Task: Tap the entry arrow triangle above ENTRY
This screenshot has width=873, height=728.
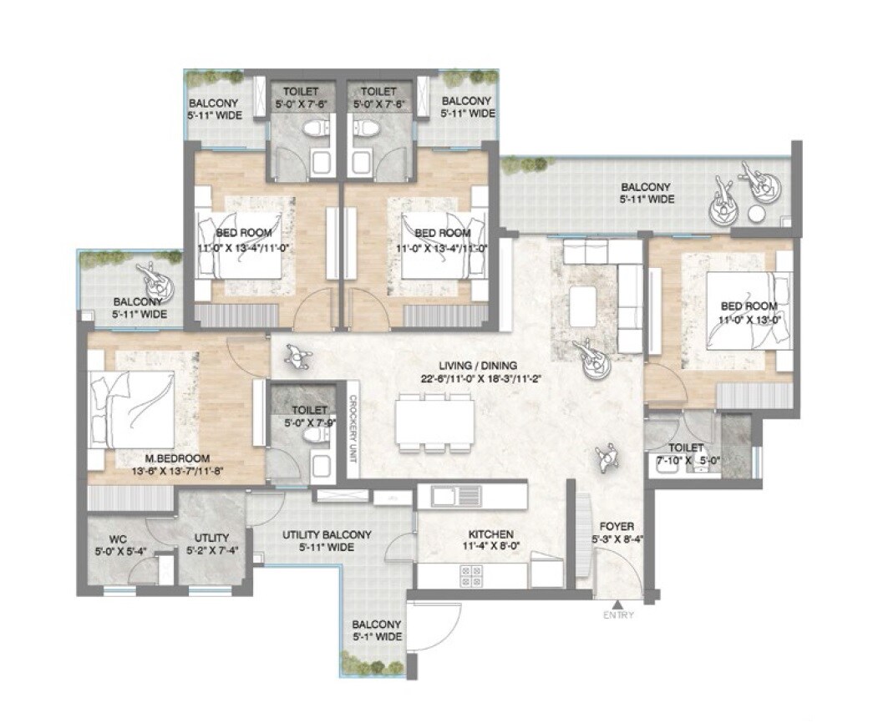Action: [x=617, y=604]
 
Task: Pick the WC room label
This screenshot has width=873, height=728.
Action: [x=117, y=538]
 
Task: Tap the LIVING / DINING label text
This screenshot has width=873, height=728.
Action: [x=480, y=365]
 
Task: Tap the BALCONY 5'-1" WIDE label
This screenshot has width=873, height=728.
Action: [x=376, y=630]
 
